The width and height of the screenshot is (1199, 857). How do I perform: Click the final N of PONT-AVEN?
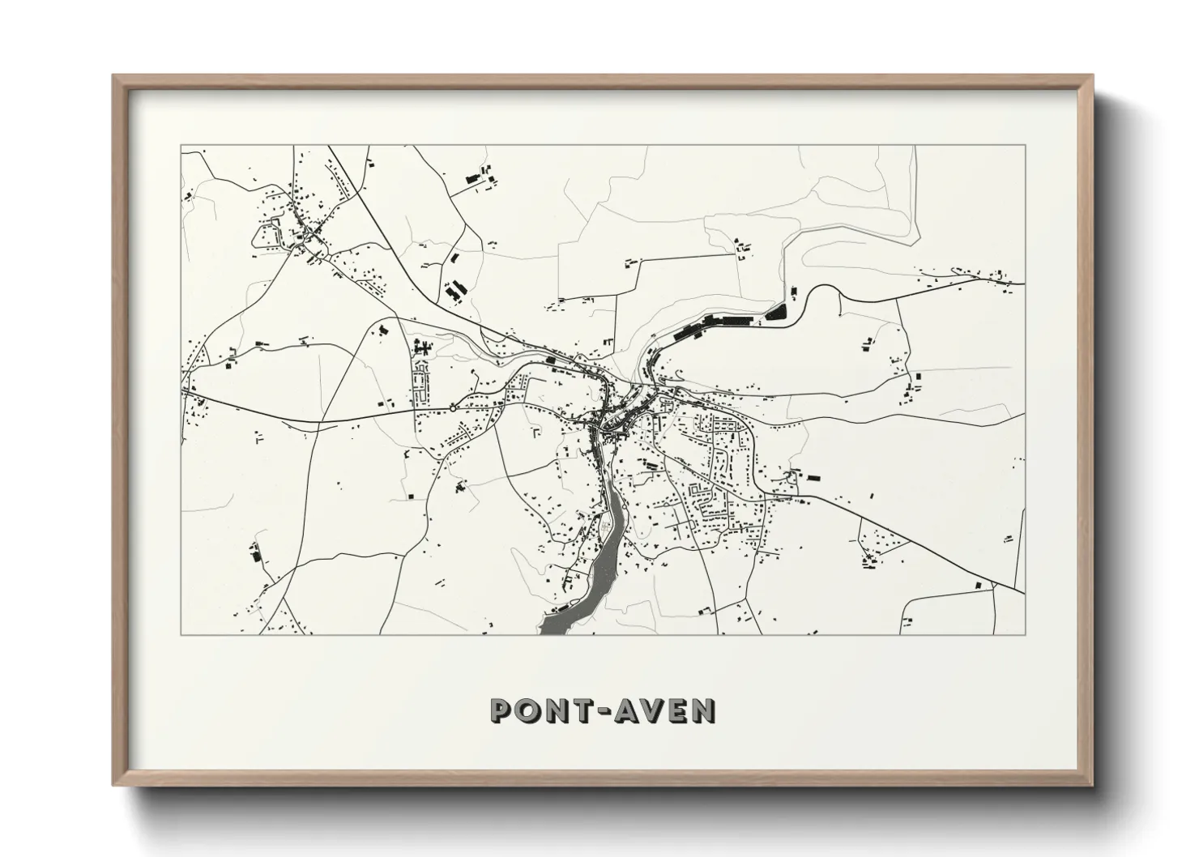point(703,710)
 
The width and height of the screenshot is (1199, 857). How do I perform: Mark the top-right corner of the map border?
point(1025,145)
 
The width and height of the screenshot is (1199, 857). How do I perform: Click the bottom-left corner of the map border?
point(181,634)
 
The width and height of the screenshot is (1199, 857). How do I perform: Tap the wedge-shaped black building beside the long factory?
point(776,312)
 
